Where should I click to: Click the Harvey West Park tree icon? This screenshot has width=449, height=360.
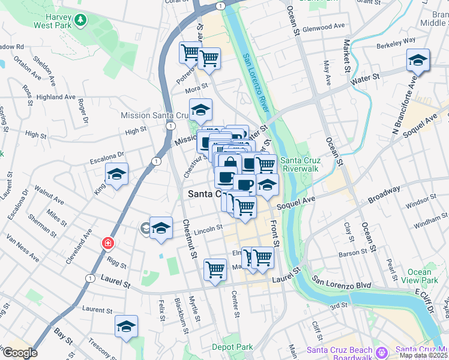pos(80,21)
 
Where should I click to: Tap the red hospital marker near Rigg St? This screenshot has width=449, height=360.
pos(108,244)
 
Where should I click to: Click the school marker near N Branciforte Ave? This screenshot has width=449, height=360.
pos(418,61)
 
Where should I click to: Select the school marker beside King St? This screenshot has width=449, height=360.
pos(117,175)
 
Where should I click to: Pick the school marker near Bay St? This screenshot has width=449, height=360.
pos(126,327)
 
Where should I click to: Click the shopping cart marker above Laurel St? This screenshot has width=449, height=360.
pos(214,269)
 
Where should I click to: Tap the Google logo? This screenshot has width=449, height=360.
pos(20,353)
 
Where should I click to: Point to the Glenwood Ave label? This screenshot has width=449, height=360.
pos(325,28)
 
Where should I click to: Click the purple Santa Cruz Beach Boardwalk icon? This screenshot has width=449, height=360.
pos(383,351)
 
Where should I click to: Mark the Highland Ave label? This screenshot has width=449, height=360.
pos(56,97)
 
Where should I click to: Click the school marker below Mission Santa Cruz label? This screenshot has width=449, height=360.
pos(200,110)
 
